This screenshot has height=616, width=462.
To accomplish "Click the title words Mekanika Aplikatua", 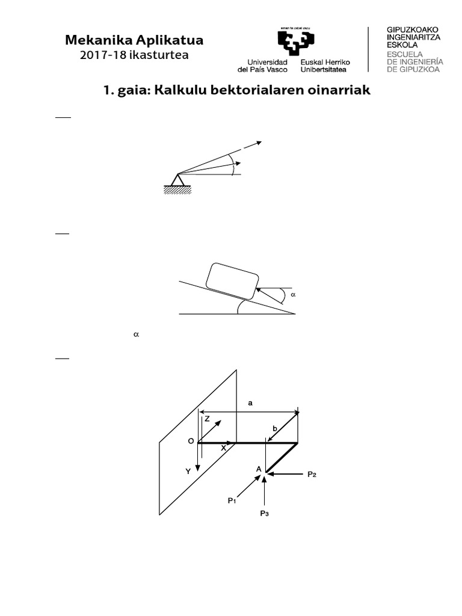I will point(134,40).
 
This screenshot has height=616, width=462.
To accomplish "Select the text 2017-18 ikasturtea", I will point(134,55).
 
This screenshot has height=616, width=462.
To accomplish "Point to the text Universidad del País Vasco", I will point(267,66).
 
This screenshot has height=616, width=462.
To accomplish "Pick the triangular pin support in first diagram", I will point(177,180).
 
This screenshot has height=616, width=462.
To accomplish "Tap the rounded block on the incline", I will point(232,280).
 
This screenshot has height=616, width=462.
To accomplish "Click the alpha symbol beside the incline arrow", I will point(294,295).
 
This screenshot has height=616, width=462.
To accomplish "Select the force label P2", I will point(312,474).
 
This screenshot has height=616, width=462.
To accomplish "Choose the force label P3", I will point(264,513).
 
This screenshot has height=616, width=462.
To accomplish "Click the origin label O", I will point(191,441).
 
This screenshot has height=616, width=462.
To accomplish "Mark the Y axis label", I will point(188,472).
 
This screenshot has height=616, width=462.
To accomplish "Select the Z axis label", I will point(207,419).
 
